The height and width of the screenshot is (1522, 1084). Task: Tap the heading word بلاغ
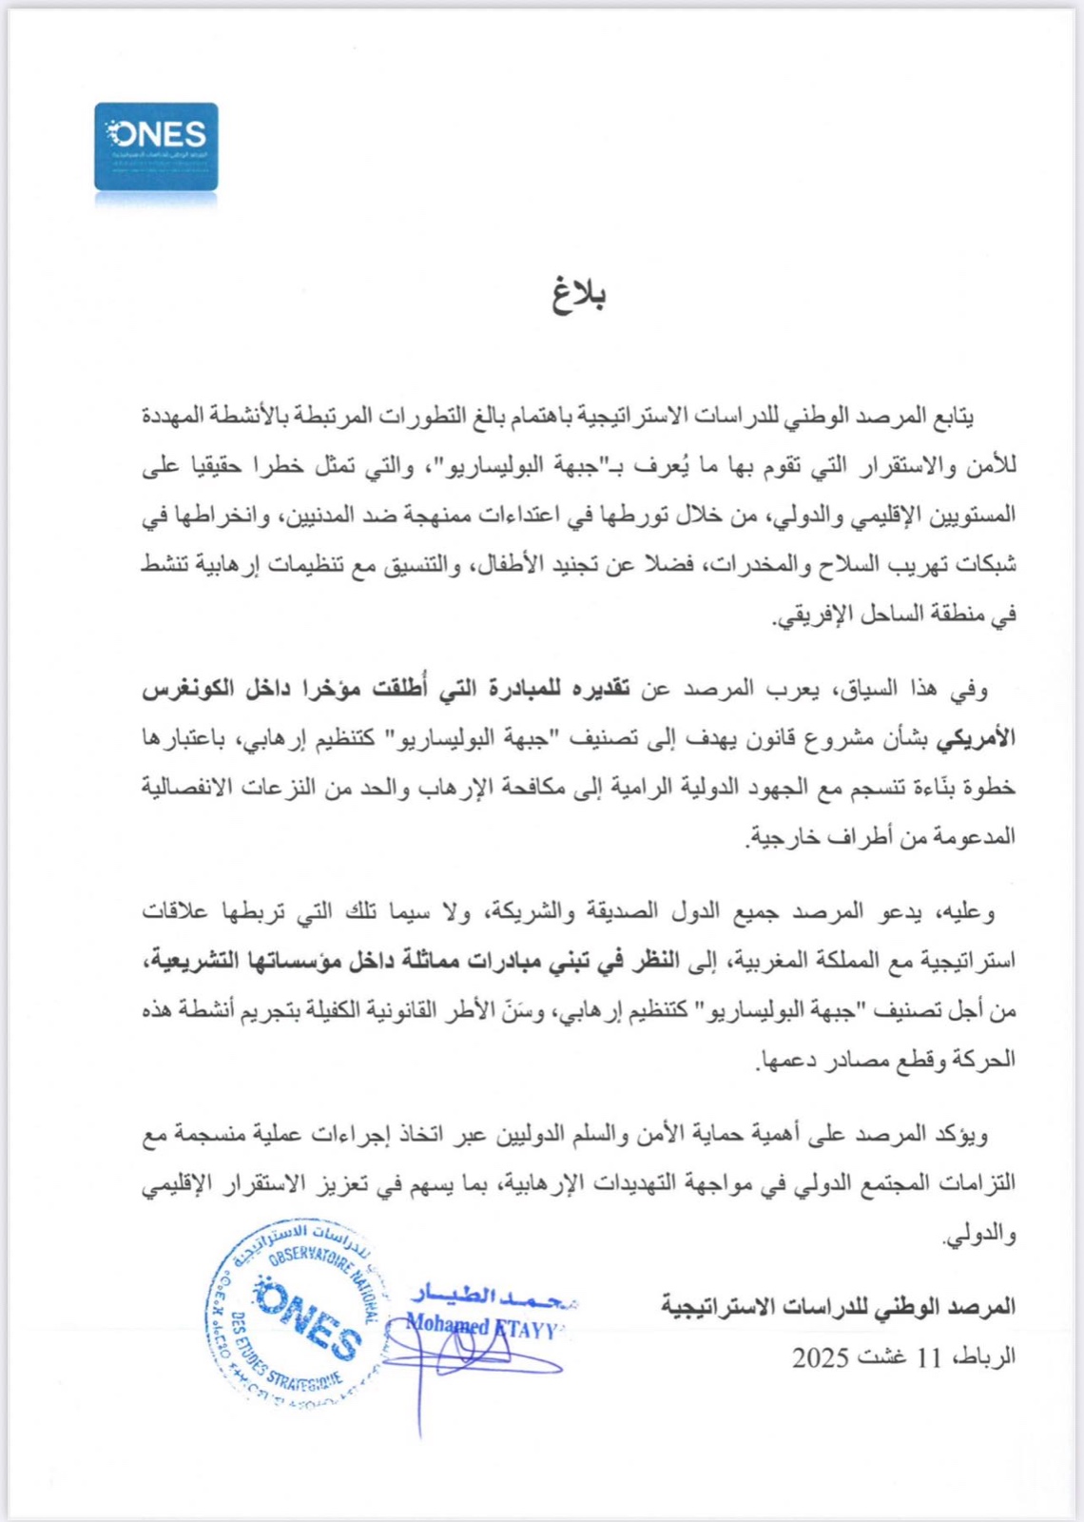[578, 296]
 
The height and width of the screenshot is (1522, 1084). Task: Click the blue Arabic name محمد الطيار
[494, 1296]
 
